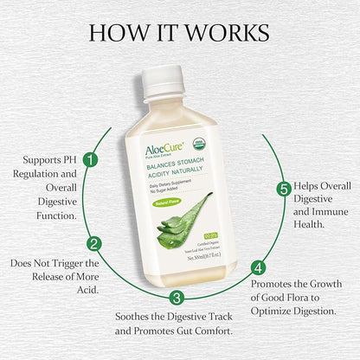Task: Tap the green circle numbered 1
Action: [90, 159]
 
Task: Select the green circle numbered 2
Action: [95, 244]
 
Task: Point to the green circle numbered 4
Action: [256, 267]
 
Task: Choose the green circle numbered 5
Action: [282, 189]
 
